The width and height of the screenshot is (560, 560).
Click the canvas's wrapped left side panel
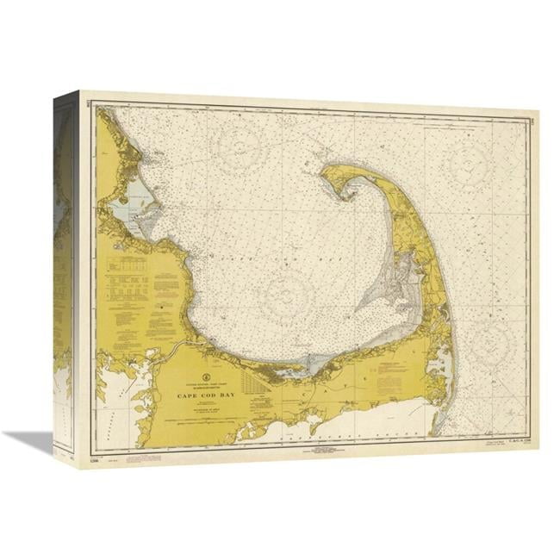[x=65, y=276]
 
